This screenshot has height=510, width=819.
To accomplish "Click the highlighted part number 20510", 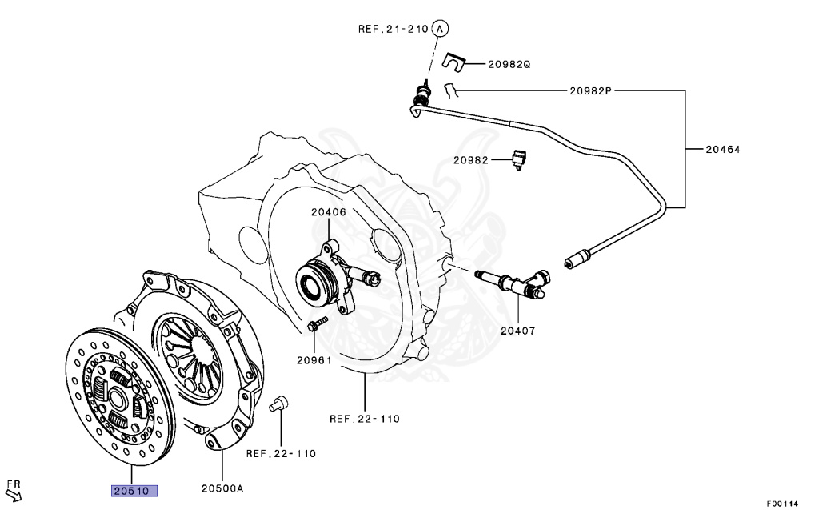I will click(x=134, y=490).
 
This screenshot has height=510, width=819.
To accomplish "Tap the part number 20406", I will click(x=328, y=212).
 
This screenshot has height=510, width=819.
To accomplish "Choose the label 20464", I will click(x=723, y=148).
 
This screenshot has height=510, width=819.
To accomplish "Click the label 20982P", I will click(x=590, y=90).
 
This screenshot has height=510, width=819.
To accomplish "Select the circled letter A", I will click(x=440, y=29).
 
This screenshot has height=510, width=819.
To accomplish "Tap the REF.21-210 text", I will click(x=393, y=30).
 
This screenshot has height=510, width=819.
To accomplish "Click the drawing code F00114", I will click(x=781, y=504).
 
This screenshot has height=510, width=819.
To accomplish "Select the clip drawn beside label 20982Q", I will click(x=454, y=61).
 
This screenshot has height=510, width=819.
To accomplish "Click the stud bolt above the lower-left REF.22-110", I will click(x=279, y=404).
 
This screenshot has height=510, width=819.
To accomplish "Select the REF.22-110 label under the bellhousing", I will click(x=364, y=418).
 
